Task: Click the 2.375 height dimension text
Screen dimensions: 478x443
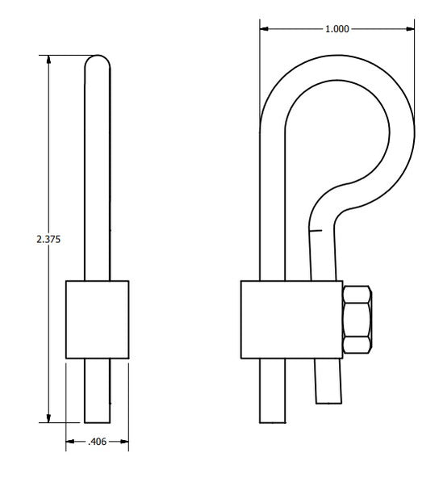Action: click(x=48, y=239)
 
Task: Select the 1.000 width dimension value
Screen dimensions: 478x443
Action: click(x=336, y=29)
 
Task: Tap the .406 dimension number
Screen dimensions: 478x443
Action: click(x=97, y=442)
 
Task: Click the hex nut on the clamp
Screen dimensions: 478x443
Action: click(x=357, y=319)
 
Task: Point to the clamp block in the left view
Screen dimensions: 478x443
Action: click(x=97, y=319)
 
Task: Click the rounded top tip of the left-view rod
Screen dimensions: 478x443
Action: click(x=97, y=61)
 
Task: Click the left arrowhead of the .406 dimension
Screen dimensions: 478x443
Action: click(x=70, y=442)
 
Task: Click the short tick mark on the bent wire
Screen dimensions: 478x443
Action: click(x=316, y=232)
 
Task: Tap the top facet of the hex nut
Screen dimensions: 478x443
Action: click(x=357, y=292)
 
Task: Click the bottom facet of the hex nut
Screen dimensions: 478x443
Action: click(x=357, y=346)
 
